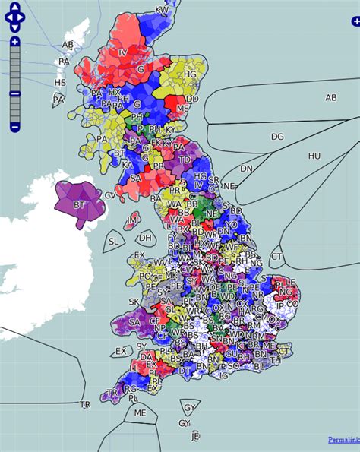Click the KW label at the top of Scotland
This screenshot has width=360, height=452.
pos(162,10)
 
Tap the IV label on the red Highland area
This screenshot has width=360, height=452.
pos(122,52)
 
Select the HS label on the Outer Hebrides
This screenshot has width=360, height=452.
pos(60,82)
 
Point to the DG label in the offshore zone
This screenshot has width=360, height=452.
pos(277,137)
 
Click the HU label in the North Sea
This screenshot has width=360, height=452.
pos(314,156)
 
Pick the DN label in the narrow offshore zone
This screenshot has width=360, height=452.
pos(246,169)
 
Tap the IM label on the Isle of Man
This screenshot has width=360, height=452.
pos(133,220)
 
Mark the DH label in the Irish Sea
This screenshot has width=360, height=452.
pos(146,238)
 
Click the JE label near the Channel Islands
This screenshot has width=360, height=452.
pos(195,437)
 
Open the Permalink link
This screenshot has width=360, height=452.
pos(343,440)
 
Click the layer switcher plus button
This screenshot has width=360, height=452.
pos(355,23)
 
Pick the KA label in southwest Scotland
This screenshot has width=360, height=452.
pos(127,164)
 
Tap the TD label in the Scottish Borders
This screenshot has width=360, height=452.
pos(185,160)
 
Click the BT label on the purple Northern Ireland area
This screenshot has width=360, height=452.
pos(78,204)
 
